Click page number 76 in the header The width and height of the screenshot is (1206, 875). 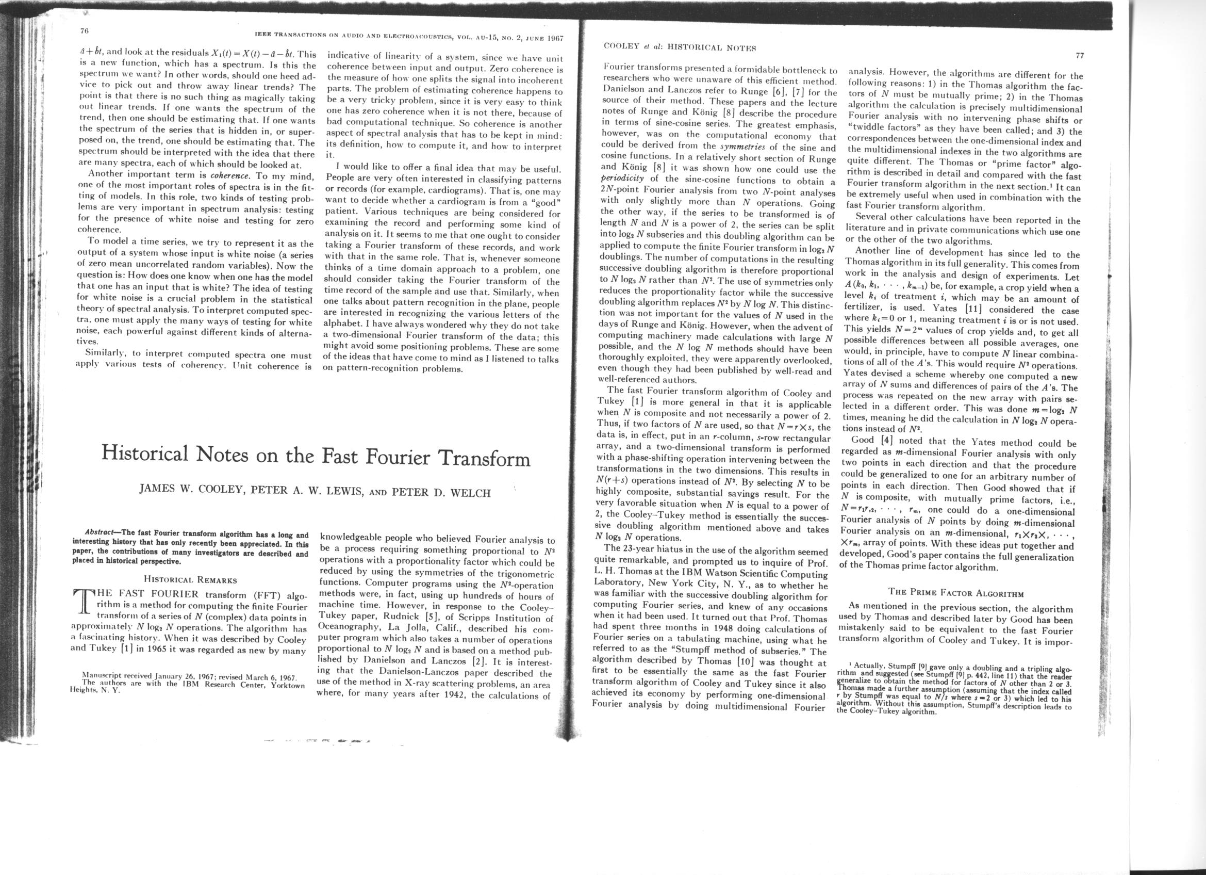[x=83, y=30]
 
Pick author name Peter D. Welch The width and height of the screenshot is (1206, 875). [x=440, y=493]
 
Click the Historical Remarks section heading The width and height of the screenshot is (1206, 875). [x=190, y=580]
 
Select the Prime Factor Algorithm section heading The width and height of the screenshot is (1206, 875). [x=956, y=593]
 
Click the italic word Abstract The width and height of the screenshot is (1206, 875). [x=103, y=533]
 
